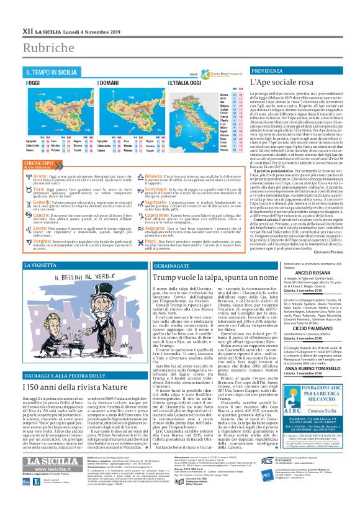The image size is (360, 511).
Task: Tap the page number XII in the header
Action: (11, 11)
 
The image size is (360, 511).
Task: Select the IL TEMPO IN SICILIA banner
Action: (53, 73)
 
